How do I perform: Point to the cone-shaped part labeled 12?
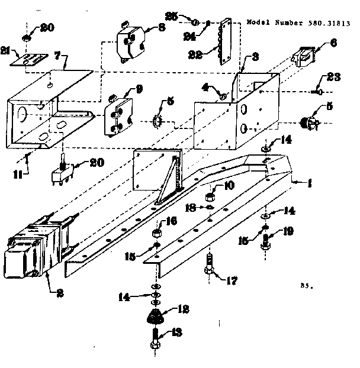156,317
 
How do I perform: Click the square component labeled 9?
118,112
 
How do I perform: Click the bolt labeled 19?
266,242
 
